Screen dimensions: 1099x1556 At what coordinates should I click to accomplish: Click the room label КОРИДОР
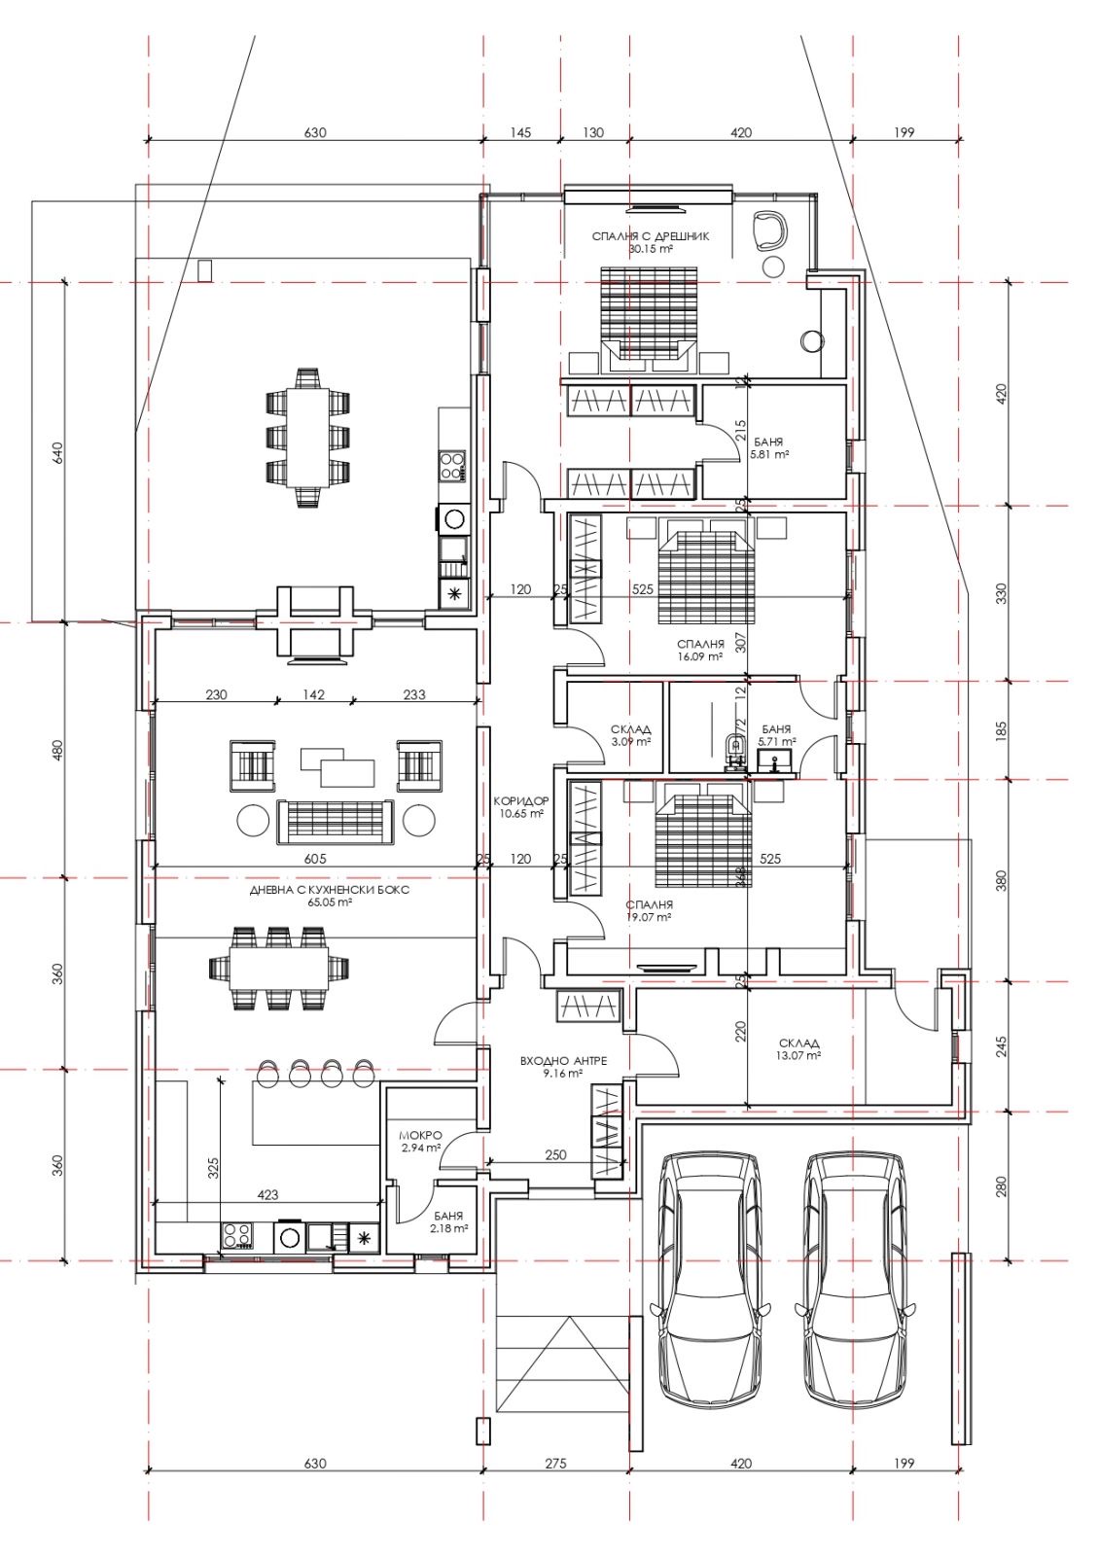pyautogui.click(x=521, y=799)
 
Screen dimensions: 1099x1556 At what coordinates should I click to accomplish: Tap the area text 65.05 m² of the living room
pyautogui.click(x=330, y=903)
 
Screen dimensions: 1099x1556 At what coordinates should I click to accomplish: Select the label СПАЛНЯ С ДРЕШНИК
pyautogui.click(x=651, y=236)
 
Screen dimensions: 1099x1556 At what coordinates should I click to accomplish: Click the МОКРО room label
pyautogui.click(x=420, y=1136)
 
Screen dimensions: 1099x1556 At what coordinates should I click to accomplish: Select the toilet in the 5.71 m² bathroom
pyautogui.click(x=732, y=745)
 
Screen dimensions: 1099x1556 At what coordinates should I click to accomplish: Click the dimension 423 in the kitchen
pyautogui.click(x=267, y=1195)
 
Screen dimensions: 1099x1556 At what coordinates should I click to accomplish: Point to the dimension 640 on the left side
pyautogui.click(x=57, y=453)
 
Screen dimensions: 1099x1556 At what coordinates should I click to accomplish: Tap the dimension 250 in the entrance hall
pyautogui.click(x=555, y=1155)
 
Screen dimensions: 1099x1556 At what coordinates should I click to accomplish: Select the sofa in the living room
pyautogui.click(x=336, y=822)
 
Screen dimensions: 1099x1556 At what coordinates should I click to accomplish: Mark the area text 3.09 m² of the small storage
pyautogui.click(x=631, y=741)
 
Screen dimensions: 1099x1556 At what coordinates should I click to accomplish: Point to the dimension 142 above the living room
pyautogui.click(x=314, y=694)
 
